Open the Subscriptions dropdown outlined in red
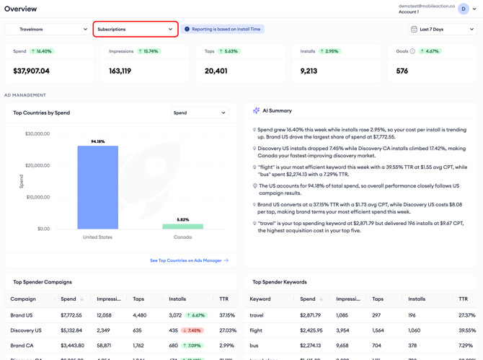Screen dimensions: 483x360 (136, 30)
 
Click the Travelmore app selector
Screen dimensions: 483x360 (48, 30)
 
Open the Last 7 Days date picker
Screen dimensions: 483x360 (443, 30)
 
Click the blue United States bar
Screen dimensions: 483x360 (97, 188)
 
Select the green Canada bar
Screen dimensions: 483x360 (182, 227)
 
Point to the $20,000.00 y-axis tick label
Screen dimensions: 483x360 (37, 165)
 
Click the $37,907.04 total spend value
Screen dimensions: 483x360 (31, 71)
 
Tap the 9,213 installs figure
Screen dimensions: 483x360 (309, 71)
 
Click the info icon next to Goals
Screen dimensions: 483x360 (412, 51)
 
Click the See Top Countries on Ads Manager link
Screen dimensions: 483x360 (189, 260)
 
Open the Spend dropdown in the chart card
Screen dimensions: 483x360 (200, 113)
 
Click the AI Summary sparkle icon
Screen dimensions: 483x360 (256, 110)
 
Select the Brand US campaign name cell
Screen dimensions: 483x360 (21, 315)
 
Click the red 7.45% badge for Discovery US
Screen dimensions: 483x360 (192, 330)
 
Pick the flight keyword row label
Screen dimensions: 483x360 (256, 330)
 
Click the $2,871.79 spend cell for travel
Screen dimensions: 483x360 (310, 315)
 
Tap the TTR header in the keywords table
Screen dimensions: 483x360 (463, 299)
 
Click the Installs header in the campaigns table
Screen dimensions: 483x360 (177, 299)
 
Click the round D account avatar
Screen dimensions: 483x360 (464, 9)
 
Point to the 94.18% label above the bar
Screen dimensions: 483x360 (98, 141)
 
